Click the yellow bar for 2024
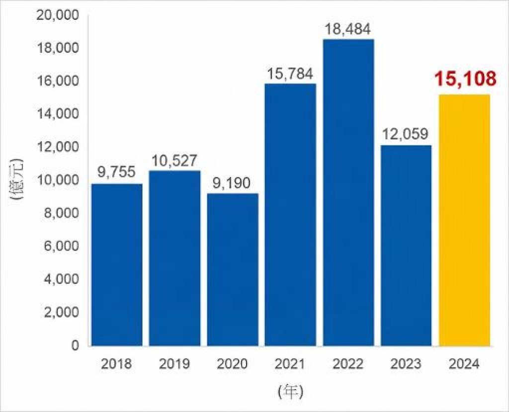click(464, 221)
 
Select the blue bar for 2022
click(348, 192)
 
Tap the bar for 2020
click(233, 270)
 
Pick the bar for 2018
click(117, 265)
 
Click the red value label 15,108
click(465, 79)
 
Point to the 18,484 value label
click(347, 29)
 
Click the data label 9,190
click(232, 183)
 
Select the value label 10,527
click(174, 161)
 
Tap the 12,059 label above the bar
click(405, 134)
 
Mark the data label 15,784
click(290, 74)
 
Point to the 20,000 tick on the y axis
click(58, 15)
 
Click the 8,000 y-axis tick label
click(61, 213)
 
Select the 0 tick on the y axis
click(75, 345)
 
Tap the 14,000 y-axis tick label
click(58, 114)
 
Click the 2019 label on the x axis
click(174, 364)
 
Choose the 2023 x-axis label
click(406, 364)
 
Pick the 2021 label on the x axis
click(290, 364)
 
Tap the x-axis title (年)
click(290, 392)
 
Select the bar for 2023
click(406, 246)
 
